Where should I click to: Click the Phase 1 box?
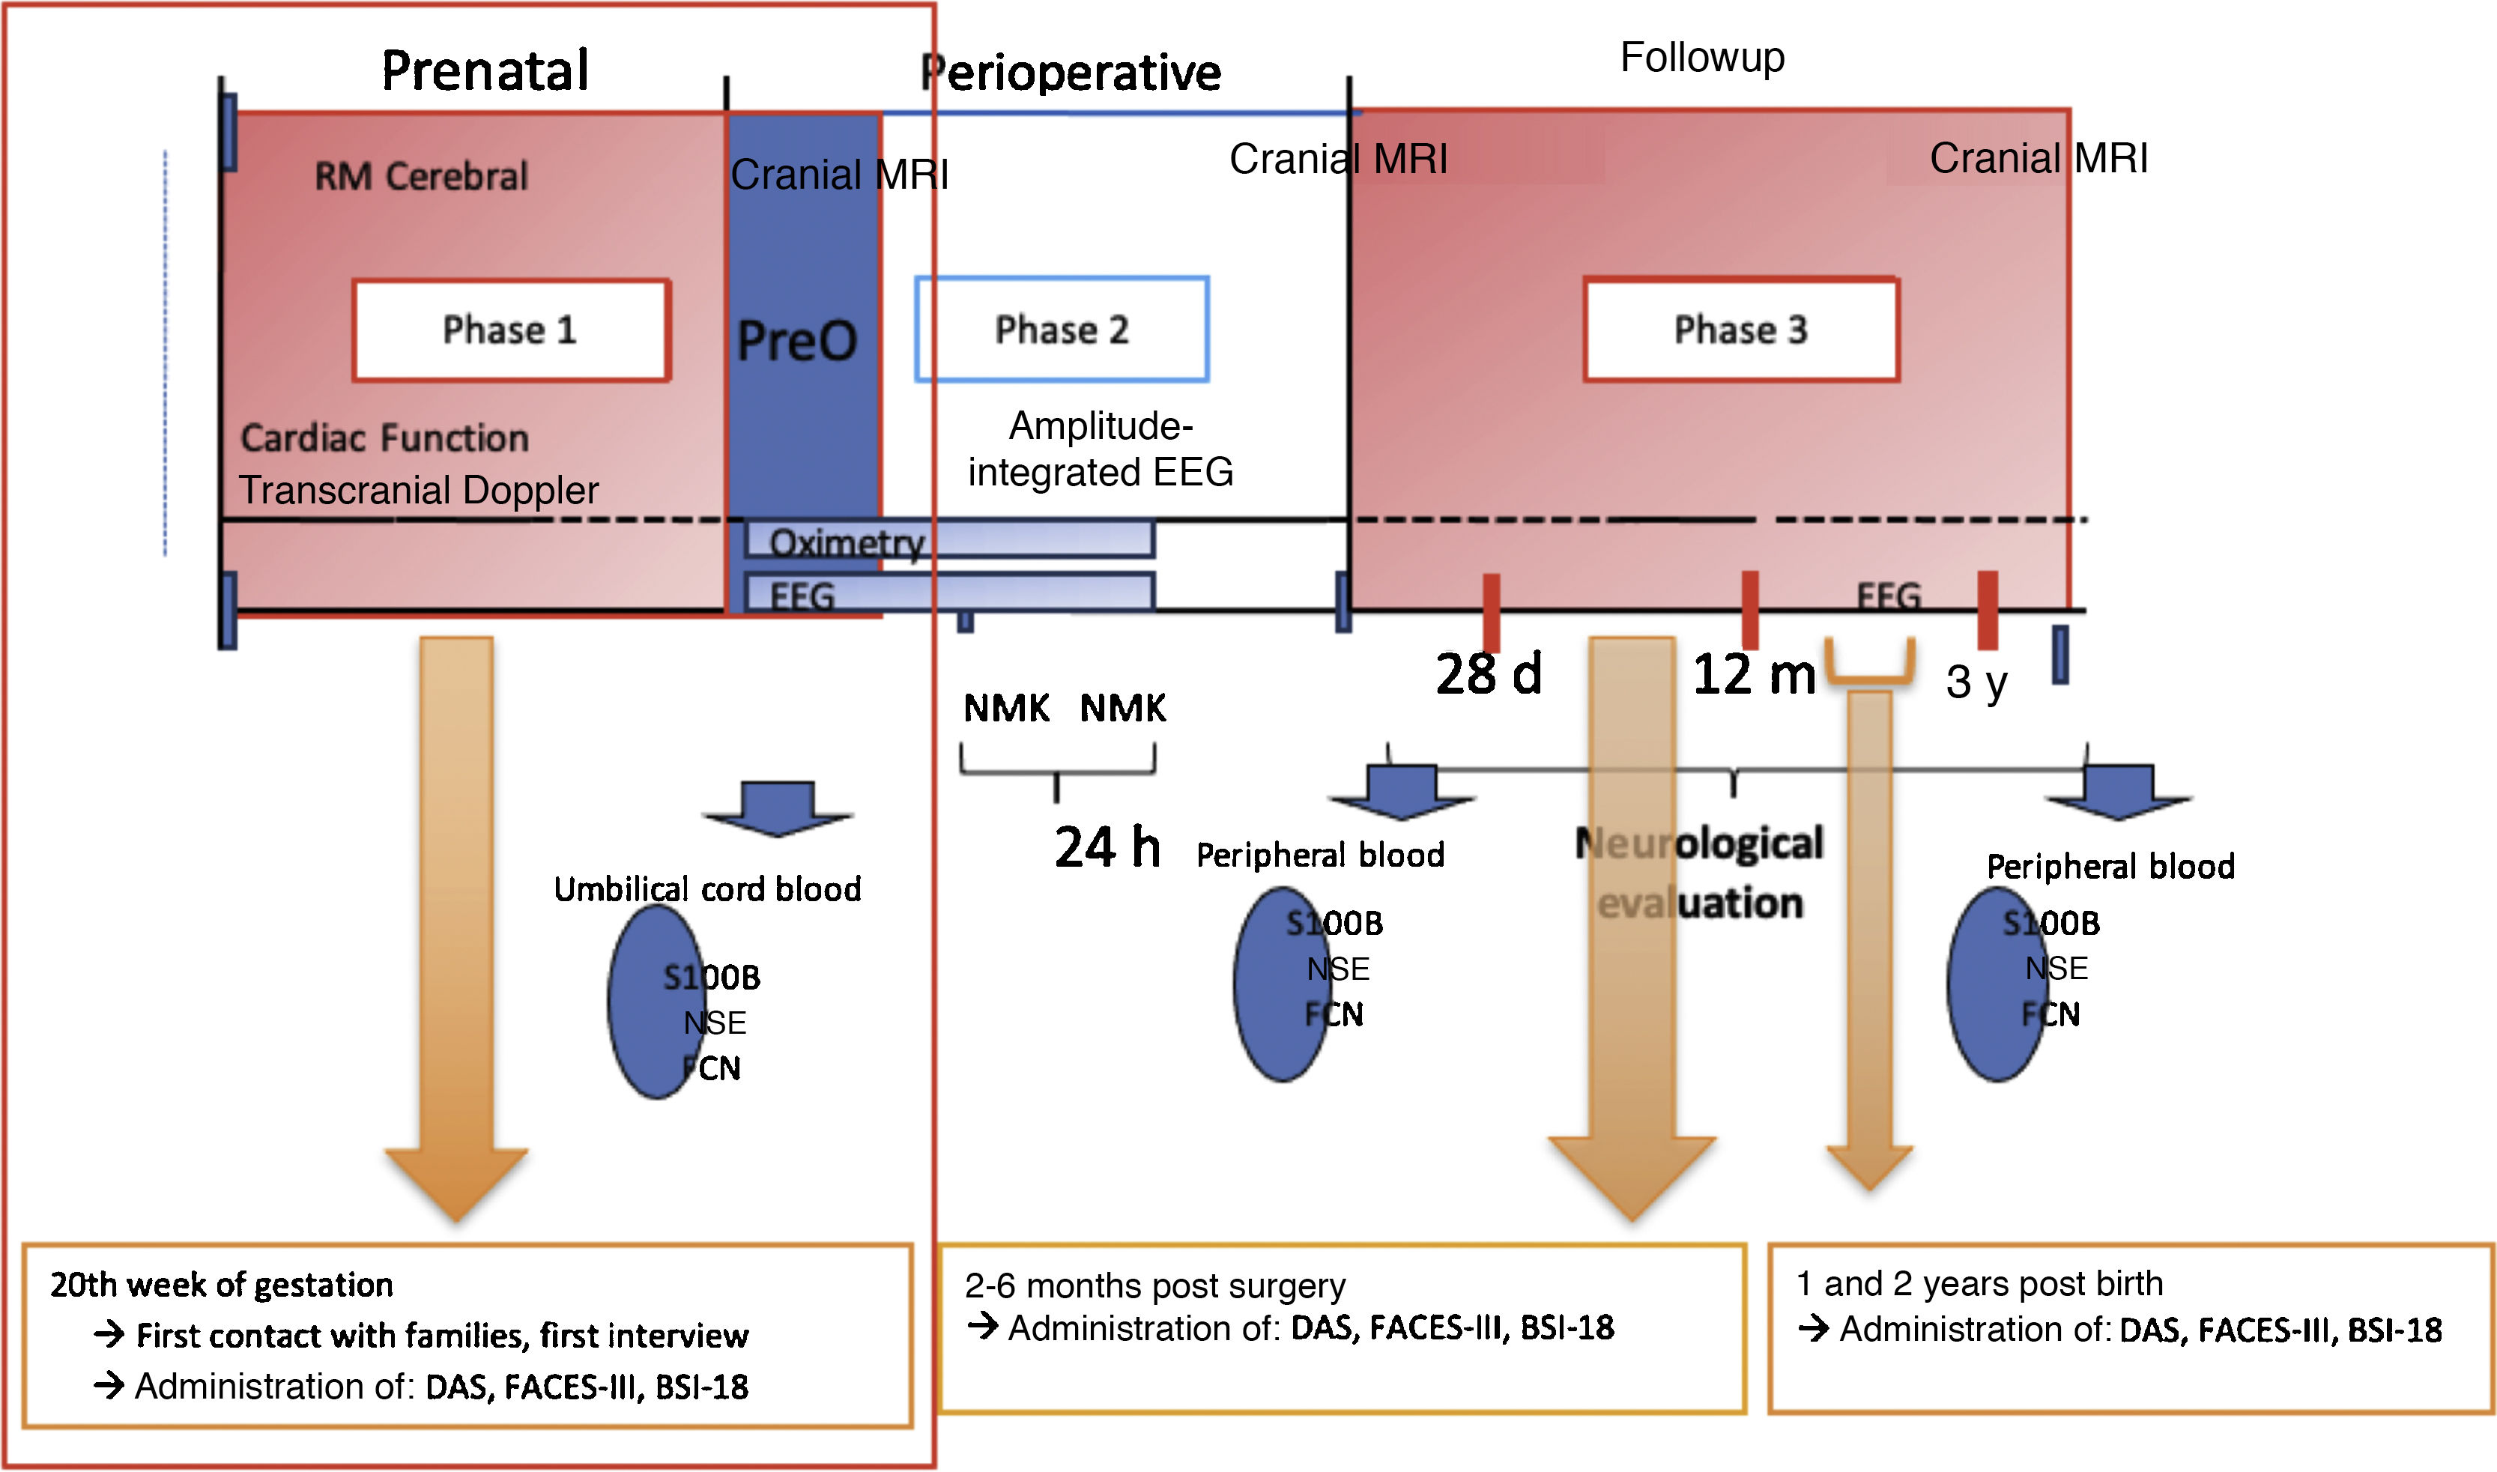pyautogui.click(x=511, y=330)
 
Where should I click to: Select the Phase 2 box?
pyautogui.click(x=1062, y=330)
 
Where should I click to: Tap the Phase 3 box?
pyautogui.click(x=1741, y=330)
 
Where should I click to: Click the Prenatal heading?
pyautogui.click(x=485, y=71)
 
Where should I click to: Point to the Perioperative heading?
pyautogui.click(x=1071, y=73)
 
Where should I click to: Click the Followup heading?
pyautogui.click(x=1702, y=58)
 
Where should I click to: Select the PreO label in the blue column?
pyautogui.click(x=796, y=341)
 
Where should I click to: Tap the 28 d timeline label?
pyautogui.click(x=1488, y=674)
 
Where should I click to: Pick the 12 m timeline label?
pyautogui.click(x=1754, y=674)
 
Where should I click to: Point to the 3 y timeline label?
pyautogui.click(x=1976, y=682)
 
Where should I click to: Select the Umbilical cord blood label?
pyautogui.click(x=707, y=888)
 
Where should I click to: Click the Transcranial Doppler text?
pyautogui.click(x=419, y=490)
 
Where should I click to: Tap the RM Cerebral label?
pyautogui.click(x=422, y=177)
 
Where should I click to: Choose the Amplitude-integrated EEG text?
pyautogui.click(x=1101, y=449)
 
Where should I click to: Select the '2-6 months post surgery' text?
pyautogui.click(x=1154, y=1285)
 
